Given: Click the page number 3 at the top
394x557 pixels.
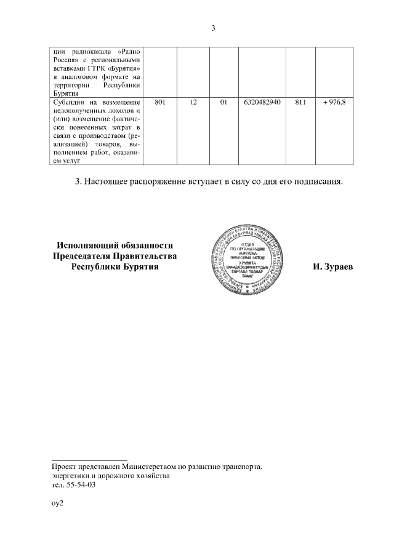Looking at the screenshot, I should (214, 28).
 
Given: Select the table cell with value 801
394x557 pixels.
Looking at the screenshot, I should (160, 100).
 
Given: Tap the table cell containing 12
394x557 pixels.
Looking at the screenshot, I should (193, 100).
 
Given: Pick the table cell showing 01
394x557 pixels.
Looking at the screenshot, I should (224, 100).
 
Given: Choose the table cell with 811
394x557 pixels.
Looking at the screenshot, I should (300, 100).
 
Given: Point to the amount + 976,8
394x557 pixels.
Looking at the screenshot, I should (334, 100).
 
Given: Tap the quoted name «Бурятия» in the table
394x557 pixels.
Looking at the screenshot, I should (126, 68).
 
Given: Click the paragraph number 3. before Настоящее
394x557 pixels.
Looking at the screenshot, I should (78, 182).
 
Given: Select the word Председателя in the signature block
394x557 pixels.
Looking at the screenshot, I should (83, 256).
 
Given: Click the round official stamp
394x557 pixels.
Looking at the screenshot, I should (245, 258).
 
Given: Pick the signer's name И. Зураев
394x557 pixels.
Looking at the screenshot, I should (332, 267).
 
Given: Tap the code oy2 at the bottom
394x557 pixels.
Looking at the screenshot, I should (58, 504).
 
